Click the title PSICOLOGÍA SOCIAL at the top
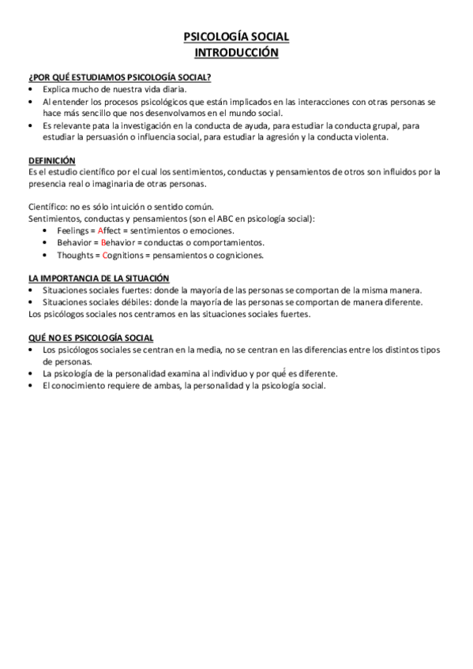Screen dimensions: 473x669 coord(236,36)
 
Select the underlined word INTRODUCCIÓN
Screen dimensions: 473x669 coord(236,52)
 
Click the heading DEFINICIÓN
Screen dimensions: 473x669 coord(51,159)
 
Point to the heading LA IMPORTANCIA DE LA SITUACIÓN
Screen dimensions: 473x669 coord(98,278)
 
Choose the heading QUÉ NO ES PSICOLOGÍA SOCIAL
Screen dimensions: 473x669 coord(90,338)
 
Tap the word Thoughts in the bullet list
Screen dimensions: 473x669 coord(75,255)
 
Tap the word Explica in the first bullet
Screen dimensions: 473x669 coord(57,90)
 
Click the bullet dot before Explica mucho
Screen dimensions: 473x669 coord(31,90)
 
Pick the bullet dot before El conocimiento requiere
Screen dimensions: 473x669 coord(31,386)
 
